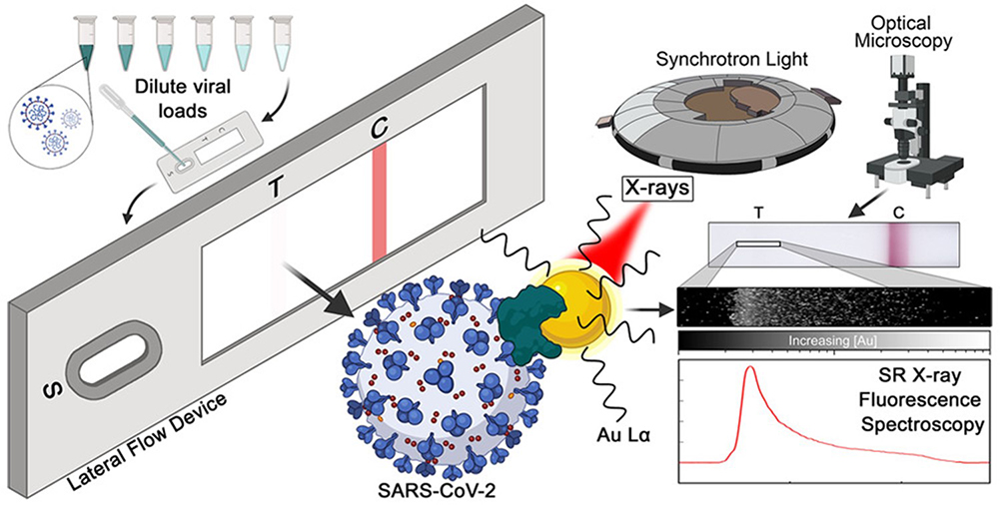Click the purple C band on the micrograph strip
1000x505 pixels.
902,242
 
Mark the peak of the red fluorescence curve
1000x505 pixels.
747,371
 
